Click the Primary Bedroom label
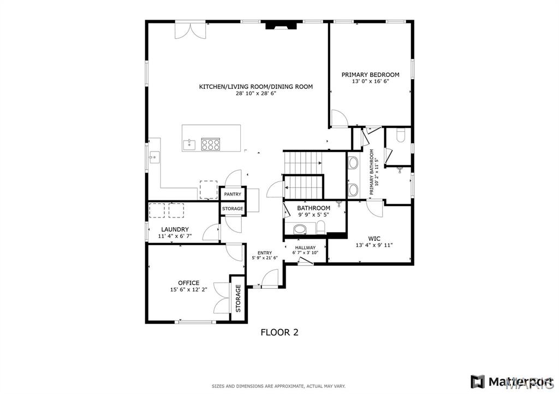371,75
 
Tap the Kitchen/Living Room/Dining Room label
256,87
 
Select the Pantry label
233,195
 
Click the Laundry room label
175,229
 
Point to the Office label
188,283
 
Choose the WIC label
374,239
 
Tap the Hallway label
305,248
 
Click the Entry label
265,253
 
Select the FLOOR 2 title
279,332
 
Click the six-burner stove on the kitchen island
210,144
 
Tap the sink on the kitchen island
189,144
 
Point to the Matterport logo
512,381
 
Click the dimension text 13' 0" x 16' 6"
371,81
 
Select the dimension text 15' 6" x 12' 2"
188,290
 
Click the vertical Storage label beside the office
238,298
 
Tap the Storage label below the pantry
233,209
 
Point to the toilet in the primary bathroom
401,135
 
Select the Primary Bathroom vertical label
371,172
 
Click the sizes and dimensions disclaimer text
278,386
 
